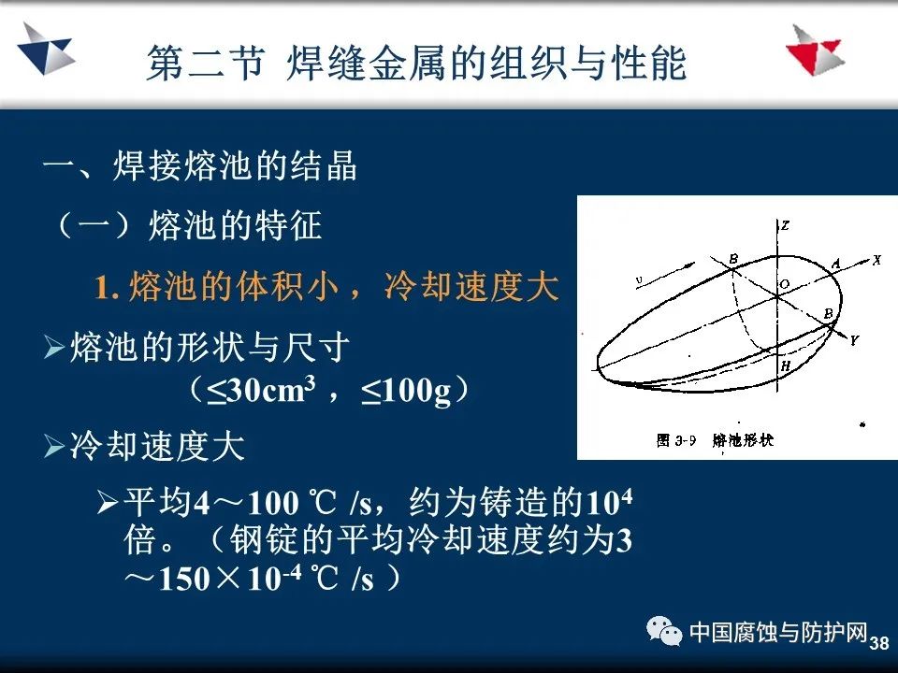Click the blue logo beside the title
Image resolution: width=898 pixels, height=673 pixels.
[x=46, y=50]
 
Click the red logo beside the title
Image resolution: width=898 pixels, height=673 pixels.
[x=816, y=50]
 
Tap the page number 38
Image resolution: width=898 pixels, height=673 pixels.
[x=879, y=643]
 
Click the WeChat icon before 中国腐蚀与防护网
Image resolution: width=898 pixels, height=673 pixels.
[x=664, y=631]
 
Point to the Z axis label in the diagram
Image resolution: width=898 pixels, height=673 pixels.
[x=785, y=225]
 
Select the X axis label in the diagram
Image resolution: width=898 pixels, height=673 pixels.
[x=876, y=260]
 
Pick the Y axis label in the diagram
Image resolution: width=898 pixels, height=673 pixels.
[x=854, y=340]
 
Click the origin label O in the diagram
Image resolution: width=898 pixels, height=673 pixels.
[x=785, y=284]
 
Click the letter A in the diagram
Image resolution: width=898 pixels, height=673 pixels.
[x=835, y=264]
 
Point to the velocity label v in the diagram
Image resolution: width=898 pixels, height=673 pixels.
[x=639, y=279]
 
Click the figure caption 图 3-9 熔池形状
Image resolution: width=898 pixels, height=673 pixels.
[x=715, y=440]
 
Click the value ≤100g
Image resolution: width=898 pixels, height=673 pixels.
[x=406, y=392]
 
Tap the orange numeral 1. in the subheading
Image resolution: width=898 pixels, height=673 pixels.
[x=107, y=286]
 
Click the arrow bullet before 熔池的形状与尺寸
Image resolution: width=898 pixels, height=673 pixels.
[x=54, y=348]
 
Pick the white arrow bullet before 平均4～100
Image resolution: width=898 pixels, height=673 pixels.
[x=108, y=502]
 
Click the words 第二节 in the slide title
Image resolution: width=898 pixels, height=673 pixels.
[x=206, y=63]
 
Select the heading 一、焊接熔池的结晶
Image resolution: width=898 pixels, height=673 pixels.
[x=200, y=166]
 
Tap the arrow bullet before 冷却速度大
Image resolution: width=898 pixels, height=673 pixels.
[x=54, y=446]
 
